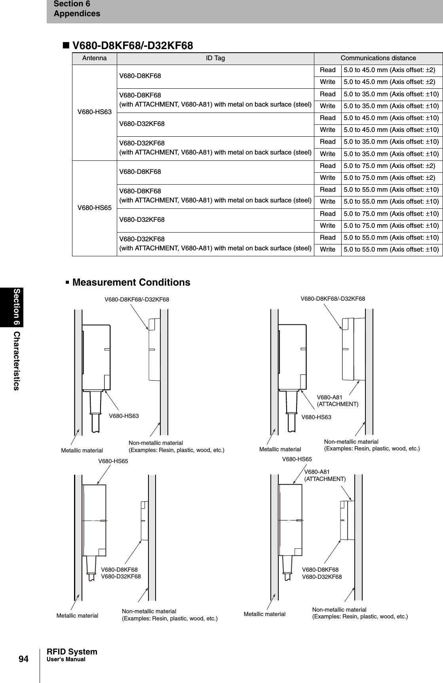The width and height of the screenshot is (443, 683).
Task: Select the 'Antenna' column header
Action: coord(94,58)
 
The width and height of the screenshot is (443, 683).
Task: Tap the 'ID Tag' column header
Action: coord(215,58)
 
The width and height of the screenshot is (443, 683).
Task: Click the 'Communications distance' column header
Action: coord(378,58)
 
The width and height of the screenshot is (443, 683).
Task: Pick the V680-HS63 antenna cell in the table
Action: coord(94,112)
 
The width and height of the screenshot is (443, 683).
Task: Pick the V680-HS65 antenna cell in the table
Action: coord(94,208)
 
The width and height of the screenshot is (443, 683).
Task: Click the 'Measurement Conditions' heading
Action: coord(131,282)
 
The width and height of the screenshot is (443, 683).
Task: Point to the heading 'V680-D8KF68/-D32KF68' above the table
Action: coord(132,46)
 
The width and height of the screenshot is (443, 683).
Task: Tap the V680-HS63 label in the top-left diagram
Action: coord(124,416)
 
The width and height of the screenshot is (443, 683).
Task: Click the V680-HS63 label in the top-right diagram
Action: coord(316,417)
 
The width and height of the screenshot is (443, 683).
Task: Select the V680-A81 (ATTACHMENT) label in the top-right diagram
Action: coord(338,401)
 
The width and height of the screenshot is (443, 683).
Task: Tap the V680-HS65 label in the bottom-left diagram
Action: coord(113,461)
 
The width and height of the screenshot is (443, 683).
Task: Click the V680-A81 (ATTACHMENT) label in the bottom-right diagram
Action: coord(325,475)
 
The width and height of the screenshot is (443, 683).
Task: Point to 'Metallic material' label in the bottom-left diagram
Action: coord(77,616)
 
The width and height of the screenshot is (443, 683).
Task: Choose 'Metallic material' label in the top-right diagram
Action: coord(280,449)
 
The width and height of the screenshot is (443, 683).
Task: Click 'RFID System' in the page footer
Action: coord(72,652)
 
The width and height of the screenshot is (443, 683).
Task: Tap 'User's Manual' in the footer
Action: coord(66,659)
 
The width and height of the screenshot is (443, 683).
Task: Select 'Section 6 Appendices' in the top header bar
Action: coord(77,9)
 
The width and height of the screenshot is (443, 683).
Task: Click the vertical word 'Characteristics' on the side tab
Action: coord(16,361)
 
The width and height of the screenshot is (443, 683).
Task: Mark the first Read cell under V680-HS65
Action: coord(327,166)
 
